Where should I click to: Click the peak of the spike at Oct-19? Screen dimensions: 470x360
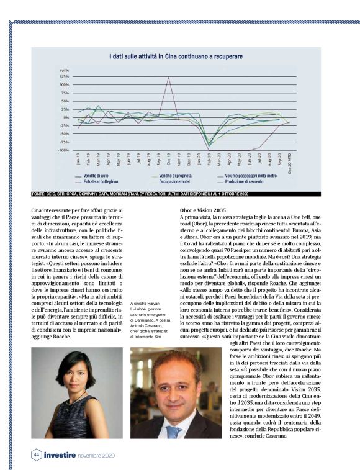click(x=168, y=77)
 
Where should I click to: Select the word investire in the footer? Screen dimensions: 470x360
click(x=60, y=454)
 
